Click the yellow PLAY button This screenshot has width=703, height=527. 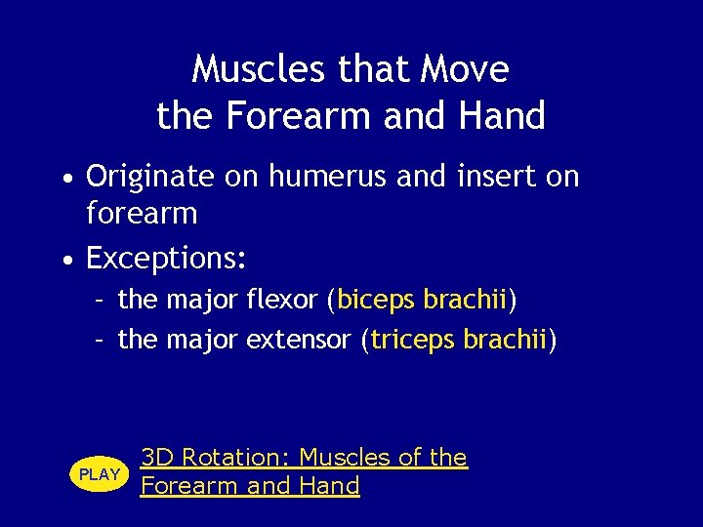pos(100,474)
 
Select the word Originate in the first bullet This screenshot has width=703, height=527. pos(146,177)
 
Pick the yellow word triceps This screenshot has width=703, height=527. pos(413,340)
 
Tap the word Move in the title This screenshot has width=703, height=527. pos(466,69)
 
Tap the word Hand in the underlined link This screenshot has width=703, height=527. pos(329,485)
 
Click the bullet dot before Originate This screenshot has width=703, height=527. pos(64,180)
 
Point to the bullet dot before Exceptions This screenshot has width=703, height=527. pos(64,262)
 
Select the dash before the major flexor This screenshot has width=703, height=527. pos(100,301)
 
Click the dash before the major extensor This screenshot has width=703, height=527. pos(100,341)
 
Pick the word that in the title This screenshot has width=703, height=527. pos(383,69)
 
